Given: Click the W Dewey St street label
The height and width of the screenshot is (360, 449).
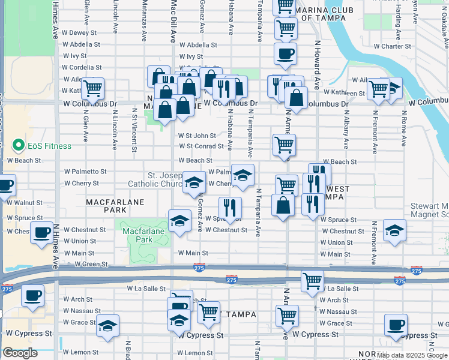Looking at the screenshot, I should (x=79, y=33).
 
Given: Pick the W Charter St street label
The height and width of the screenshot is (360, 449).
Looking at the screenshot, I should (x=395, y=46).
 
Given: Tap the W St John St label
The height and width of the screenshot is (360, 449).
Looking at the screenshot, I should (x=197, y=136).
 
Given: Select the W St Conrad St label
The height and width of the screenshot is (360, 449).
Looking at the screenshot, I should (x=200, y=146).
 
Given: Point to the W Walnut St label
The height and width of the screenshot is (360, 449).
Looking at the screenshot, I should (x=25, y=203).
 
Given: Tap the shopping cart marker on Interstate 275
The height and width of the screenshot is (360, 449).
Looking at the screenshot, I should (x=312, y=280).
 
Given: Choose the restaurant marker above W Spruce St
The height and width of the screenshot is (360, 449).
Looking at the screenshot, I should (x=230, y=208).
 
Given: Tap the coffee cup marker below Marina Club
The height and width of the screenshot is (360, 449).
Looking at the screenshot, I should (x=285, y=53).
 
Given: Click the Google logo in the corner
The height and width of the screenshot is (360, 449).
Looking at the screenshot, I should (x=20, y=353).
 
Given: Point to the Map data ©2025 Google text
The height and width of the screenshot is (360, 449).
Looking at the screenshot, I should (x=412, y=355).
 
